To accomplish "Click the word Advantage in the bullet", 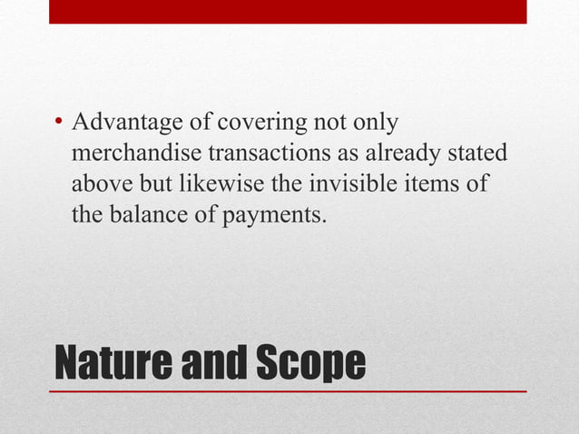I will [x=114, y=123].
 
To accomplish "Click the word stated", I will [x=476, y=153].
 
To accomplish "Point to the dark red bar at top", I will [x=288, y=11].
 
